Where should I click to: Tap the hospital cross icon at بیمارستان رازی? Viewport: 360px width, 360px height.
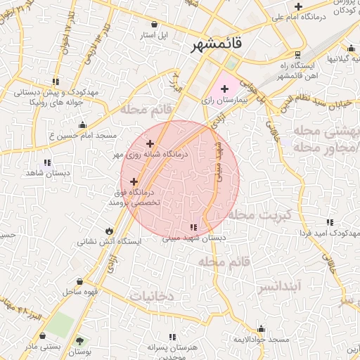pyautogui.click(x=224, y=89)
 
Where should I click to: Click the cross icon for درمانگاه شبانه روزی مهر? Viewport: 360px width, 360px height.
pyautogui.click(x=149, y=143)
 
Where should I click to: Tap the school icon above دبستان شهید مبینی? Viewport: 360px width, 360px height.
pyautogui.click(x=193, y=227)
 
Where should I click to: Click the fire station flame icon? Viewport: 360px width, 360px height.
pyautogui.click(x=109, y=231)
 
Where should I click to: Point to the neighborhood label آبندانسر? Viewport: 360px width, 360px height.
pyautogui.click(x=279, y=287)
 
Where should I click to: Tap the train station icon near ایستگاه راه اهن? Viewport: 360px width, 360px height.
pyautogui.click(x=298, y=54)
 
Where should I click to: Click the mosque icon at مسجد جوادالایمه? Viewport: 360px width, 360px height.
pyautogui.click(x=262, y=328)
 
